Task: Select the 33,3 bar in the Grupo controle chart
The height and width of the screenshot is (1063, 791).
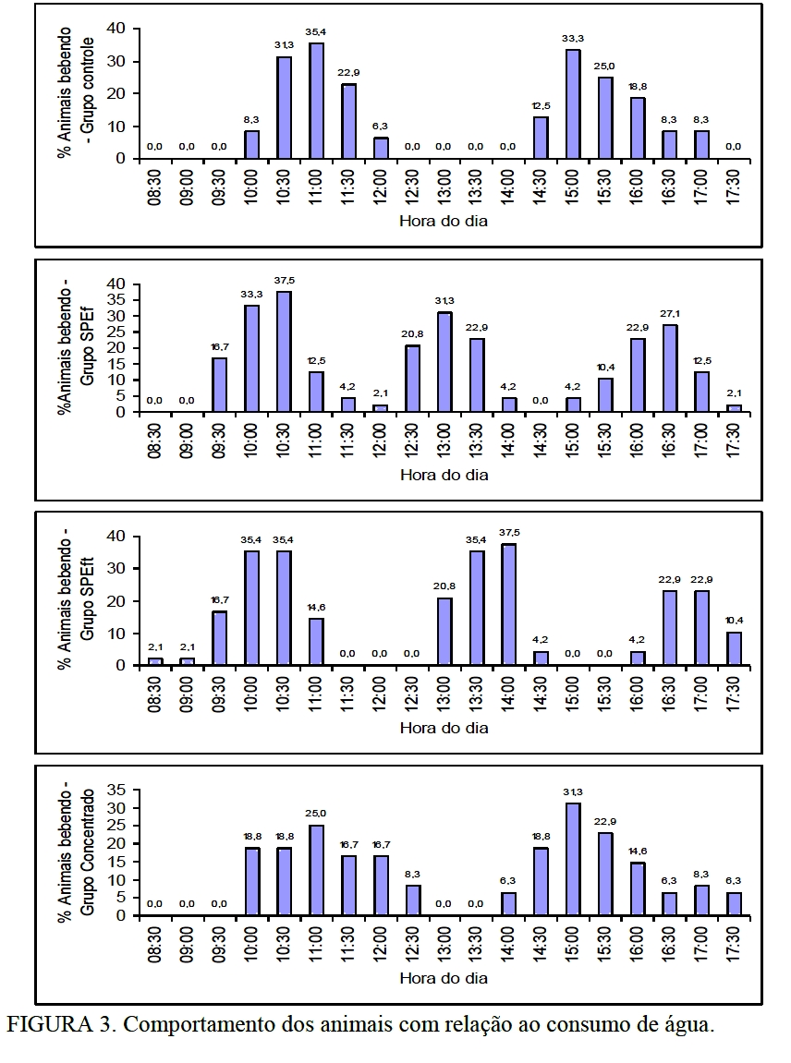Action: pos(573,104)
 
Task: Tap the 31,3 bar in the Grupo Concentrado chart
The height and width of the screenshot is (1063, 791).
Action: pos(573,859)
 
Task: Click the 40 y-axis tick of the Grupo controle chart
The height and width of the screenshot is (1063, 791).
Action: pos(115,29)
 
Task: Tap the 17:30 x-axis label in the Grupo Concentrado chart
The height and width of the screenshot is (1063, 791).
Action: pos(734,942)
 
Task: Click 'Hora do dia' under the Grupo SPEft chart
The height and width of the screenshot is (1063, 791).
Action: pos(444,728)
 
